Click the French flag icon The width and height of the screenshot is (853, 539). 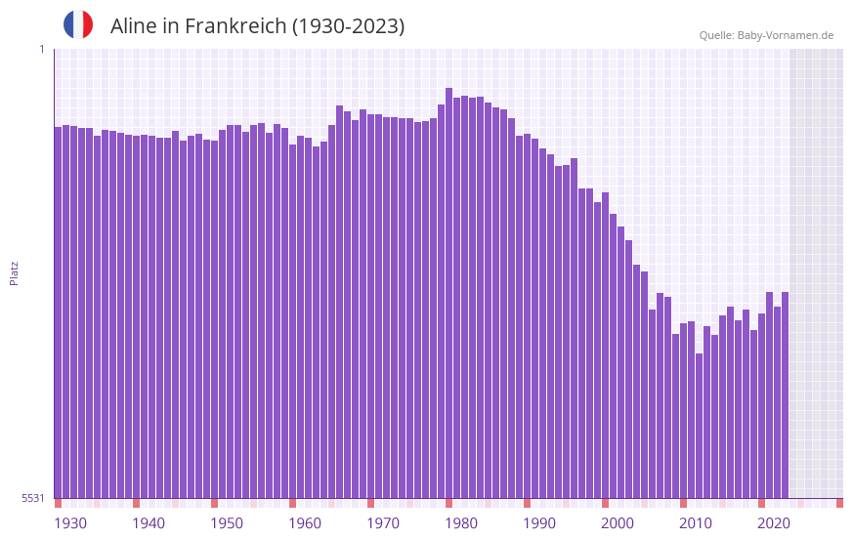point(78,24)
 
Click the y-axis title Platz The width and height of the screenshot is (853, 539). point(14,272)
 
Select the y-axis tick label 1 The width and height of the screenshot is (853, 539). point(41,49)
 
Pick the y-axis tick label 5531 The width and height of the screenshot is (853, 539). point(33,498)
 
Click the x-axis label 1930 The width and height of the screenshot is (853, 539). point(70,523)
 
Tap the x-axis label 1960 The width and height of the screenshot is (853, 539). point(305,523)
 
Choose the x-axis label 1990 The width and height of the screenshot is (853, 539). point(539,523)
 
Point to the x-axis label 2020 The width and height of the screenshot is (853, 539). point(774,523)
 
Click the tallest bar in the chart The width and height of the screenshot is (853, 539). point(448,293)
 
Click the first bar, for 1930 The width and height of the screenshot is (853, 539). point(58,312)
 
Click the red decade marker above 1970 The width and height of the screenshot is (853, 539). point(370,503)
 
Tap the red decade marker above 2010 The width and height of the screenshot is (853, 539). point(683,503)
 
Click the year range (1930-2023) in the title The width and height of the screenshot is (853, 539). point(348,26)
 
